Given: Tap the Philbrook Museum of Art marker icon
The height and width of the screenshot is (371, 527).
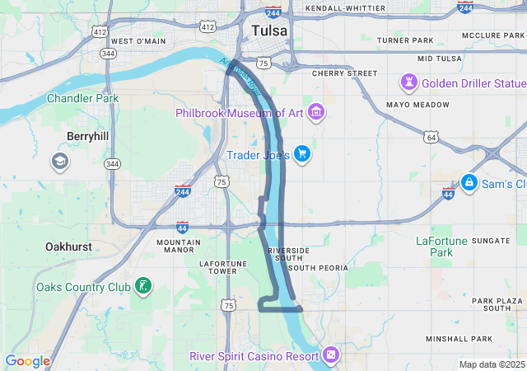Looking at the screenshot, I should (x=317, y=112).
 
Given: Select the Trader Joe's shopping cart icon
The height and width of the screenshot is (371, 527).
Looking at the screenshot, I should (x=301, y=153).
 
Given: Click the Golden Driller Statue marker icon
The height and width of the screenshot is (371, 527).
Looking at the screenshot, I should (x=409, y=82).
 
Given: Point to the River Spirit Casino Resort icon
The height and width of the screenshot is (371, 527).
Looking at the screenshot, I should (x=331, y=355).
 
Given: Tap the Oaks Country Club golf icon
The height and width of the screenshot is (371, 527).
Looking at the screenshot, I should (x=144, y=287).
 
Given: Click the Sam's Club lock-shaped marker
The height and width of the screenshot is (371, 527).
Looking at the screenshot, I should (x=469, y=181).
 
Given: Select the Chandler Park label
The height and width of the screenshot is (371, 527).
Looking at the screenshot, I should (x=82, y=98).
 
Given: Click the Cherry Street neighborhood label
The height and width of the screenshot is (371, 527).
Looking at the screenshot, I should (x=344, y=73).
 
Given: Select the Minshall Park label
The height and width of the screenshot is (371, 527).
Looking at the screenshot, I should (x=459, y=339).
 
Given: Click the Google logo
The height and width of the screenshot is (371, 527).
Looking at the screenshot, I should (x=27, y=361).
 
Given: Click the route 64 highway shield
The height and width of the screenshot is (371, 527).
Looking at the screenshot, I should (x=431, y=137).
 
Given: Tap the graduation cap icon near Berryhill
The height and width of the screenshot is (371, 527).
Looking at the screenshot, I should (x=59, y=161).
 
